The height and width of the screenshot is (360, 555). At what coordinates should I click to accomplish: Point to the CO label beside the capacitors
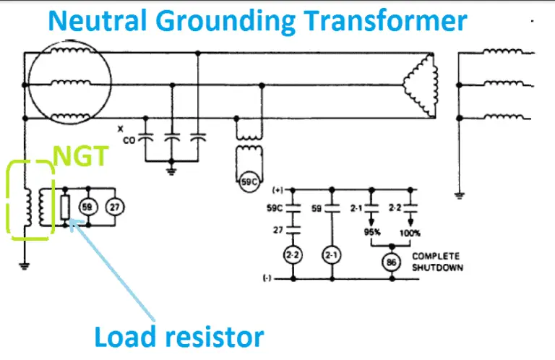click(129, 140)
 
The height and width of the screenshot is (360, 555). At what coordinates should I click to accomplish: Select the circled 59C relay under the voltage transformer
click(249, 183)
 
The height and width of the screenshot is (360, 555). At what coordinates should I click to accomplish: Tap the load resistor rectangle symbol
click(66, 208)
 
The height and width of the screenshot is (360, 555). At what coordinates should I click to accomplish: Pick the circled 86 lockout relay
click(391, 262)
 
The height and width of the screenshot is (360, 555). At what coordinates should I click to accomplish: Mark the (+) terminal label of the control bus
click(277, 191)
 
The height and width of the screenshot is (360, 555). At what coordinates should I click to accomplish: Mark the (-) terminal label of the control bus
click(277, 278)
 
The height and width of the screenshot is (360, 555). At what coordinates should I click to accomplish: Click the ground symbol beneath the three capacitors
click(171, 171)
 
